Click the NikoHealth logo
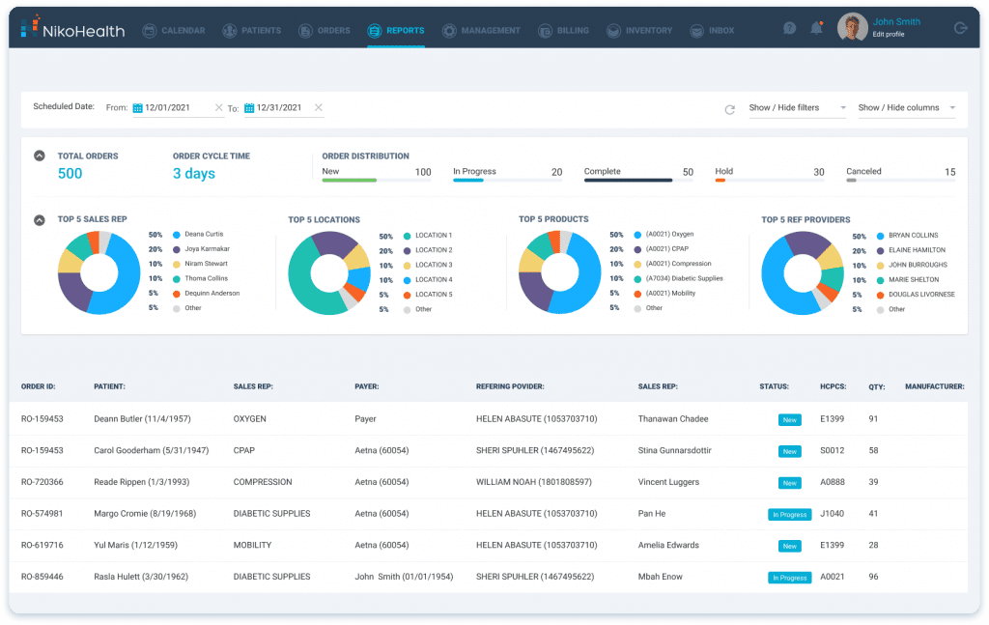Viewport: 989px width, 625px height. pyautogui.click(x=72, y=30)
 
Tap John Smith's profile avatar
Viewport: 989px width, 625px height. pyautogui.click(x=852, y=28)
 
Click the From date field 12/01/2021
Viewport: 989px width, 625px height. pyautogui.click(x=171, y=108)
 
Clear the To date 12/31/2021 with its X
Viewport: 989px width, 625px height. pyautogui.click(x=319, y=107)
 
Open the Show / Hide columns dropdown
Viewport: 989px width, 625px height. pyautogui.click(x=906, y=108)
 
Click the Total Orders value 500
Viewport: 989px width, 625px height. pyautogui.click(x=70, y=174)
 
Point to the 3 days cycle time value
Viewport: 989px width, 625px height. pyautogui.click(x=193, y=174)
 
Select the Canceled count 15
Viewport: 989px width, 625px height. pyautogui.click(x=950, y=172)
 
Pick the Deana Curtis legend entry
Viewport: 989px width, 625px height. pyautogui.click(x=203, y=235)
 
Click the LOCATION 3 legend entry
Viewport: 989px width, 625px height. pyautogui.click(x=433, y=265)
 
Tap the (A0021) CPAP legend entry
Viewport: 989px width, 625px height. pyautogui.click(x=666, y=249)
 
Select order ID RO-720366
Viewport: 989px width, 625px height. pyautogui.click(x=42, y=482)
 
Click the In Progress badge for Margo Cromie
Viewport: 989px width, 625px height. pyautogui.click(x=789, y=515)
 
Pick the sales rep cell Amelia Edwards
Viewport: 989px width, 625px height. pyautogui.click(x=668, y=546)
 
